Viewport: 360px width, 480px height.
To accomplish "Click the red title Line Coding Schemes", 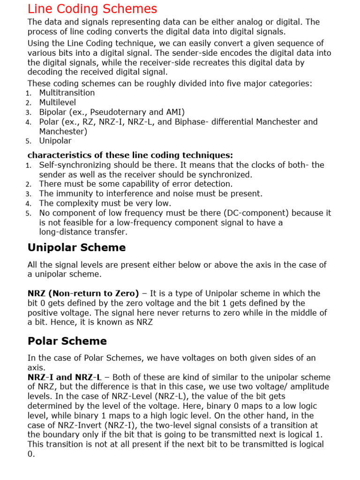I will pos(92,9).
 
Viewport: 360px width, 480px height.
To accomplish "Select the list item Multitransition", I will pos(67,93).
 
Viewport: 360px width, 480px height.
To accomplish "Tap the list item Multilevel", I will pos(57,102).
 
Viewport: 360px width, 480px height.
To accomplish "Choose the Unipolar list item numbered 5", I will pos(55,141).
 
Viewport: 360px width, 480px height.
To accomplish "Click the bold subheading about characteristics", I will pos(130,155).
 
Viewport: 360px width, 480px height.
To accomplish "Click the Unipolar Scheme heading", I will pos(77,247).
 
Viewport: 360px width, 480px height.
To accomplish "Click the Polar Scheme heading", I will pos(67,341).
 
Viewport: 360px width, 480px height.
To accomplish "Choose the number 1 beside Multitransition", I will pos(29,93).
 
